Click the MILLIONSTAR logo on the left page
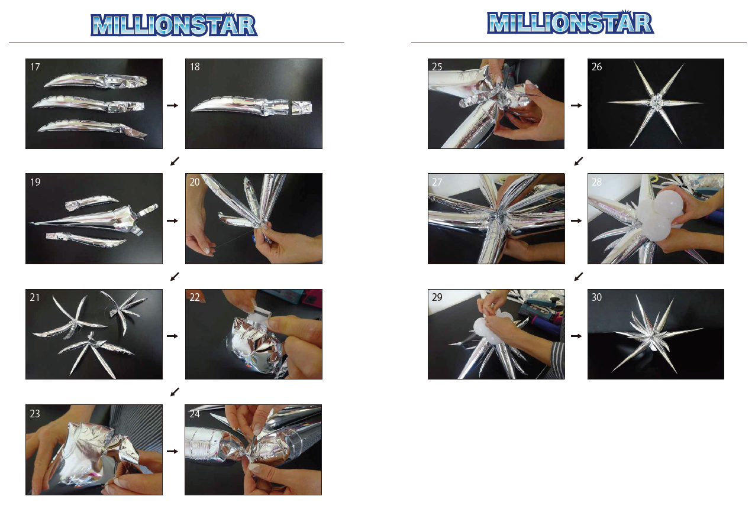click(174, 25)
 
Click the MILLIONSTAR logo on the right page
click(570, 22)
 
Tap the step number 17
click(35, 67)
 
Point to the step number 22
click(195, 297)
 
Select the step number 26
click(596, 67)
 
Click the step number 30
click(596, 297)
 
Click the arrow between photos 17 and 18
click(172, 105)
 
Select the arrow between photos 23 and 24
click(172, 451)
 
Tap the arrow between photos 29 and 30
click(576, 336)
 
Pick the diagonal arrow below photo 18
click(175, 161)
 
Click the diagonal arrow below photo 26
click(579, 161)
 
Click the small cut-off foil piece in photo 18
click(302, 108)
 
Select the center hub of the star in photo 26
click(655, 101)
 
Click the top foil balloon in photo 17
click(95, 81)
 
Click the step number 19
click(35, 182)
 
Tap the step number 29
click(437, 297)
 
